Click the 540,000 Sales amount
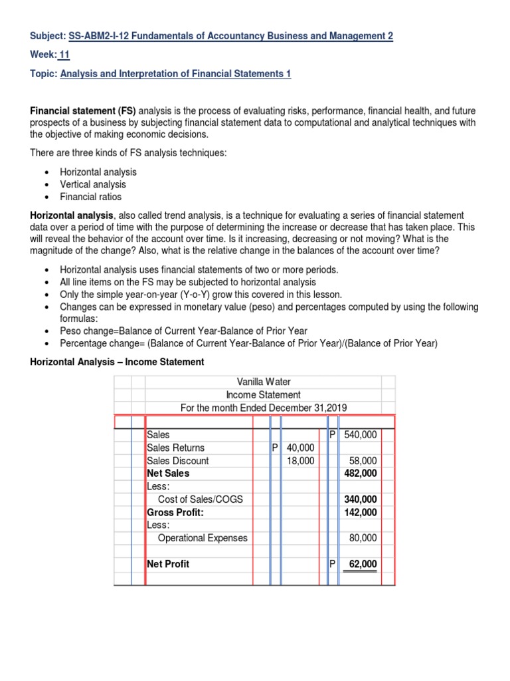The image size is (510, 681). click(360, 434)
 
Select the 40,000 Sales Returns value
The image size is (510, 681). click(299, 448)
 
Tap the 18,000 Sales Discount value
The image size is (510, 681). click(299, 460)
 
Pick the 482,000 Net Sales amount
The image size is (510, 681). click(360, 473)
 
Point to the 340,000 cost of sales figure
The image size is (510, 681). click(360, 499)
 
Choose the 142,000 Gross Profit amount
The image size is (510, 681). click(360, 512)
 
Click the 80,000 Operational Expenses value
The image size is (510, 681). click(363, 538)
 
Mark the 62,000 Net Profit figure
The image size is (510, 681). click(363, 564)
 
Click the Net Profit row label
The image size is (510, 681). click(168, 564)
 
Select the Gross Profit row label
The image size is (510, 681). click(175, 512)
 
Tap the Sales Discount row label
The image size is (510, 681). click(177, 460)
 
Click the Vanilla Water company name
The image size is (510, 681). click(264, 382)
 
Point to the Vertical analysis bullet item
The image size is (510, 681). click(92, 184)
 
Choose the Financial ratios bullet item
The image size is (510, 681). click(90, 197)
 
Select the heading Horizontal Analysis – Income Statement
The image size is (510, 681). click(116, 362)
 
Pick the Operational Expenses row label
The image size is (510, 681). click(202, 538)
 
